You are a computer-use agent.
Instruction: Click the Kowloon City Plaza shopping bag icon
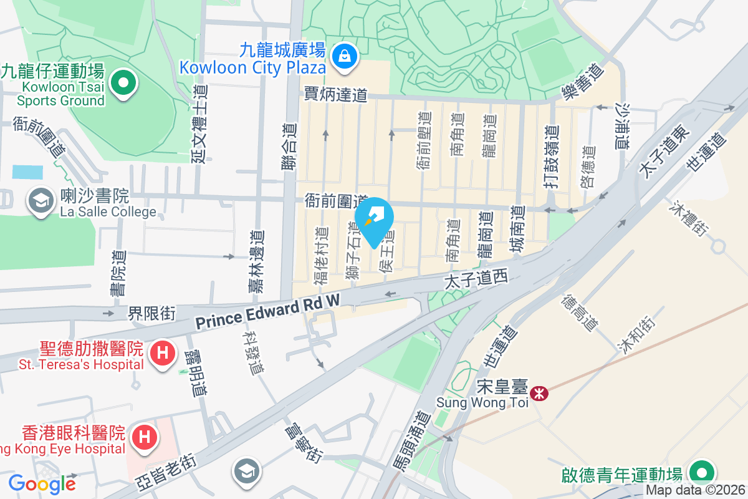343,56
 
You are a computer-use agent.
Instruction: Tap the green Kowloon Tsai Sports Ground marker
123,82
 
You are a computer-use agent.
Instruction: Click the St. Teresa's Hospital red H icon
162,353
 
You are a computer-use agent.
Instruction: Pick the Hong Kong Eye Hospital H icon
145,435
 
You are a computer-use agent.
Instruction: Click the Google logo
42,483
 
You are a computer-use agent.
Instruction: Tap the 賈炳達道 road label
337,94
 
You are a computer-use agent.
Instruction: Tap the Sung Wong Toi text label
482,402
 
